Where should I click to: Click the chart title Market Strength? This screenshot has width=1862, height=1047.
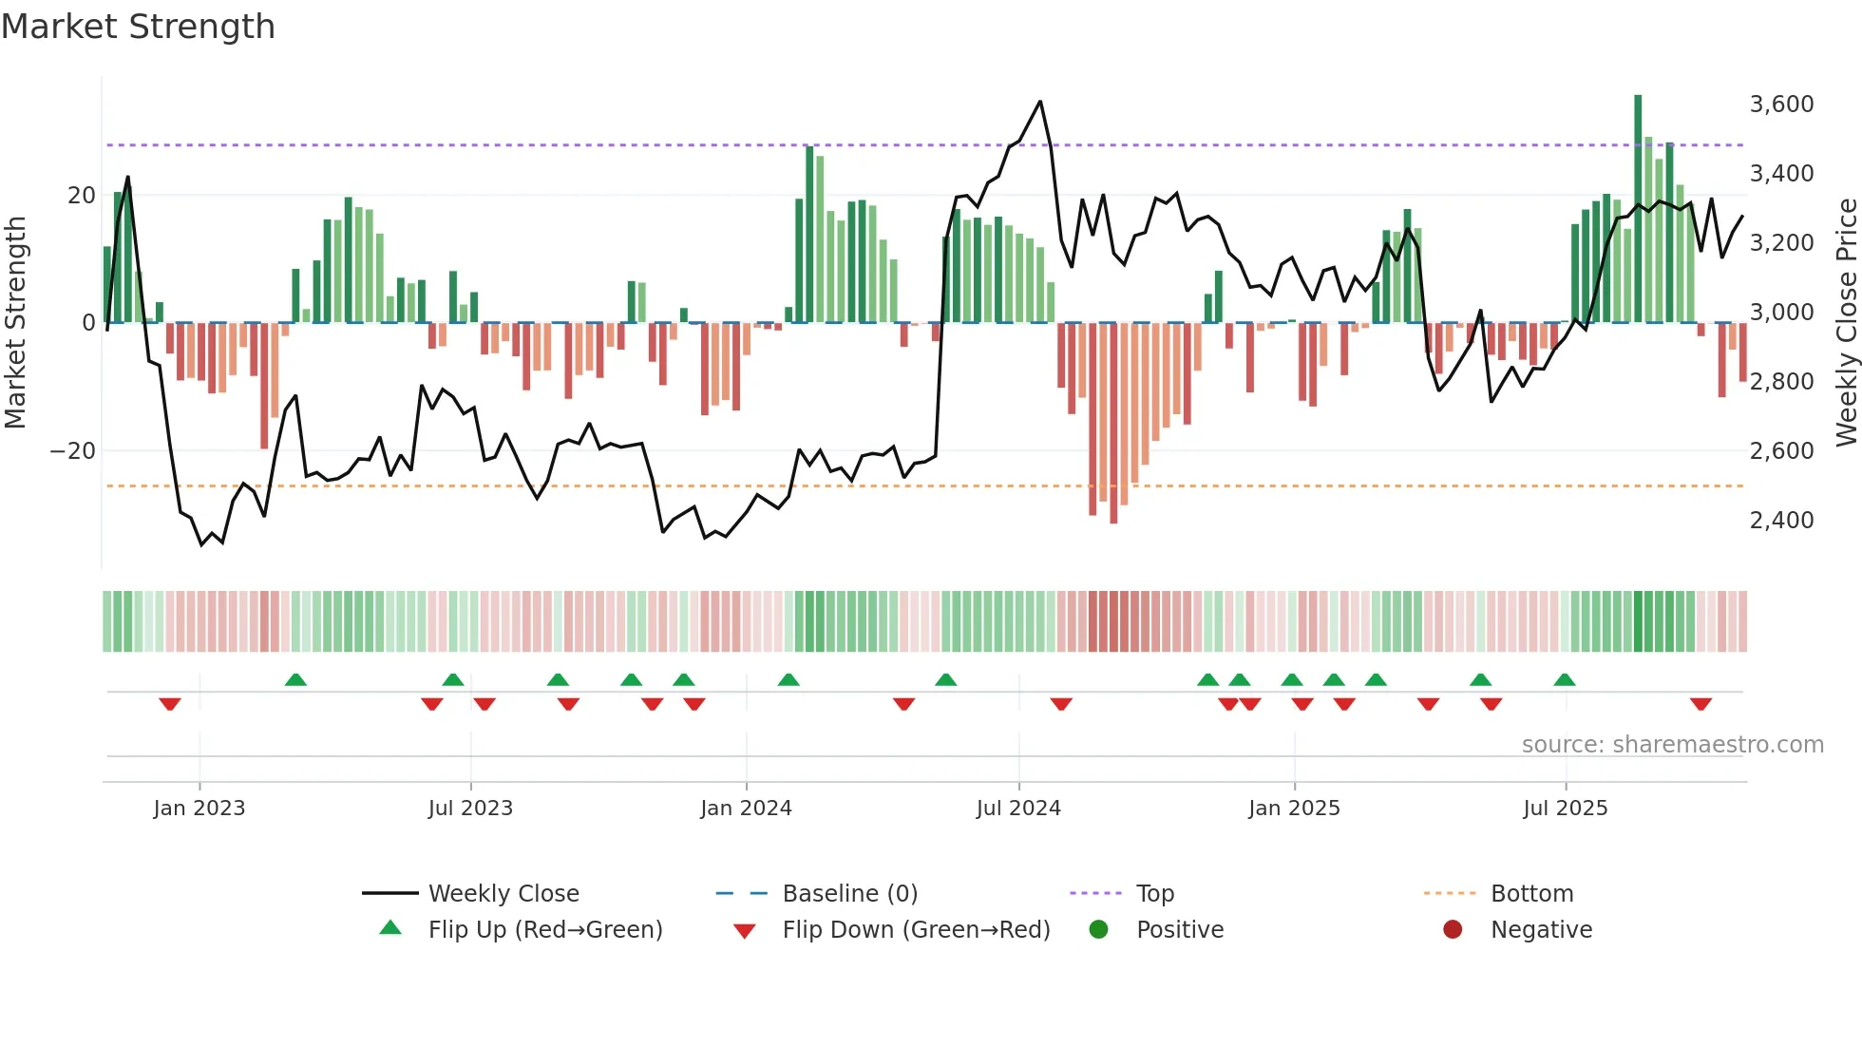click(x=138, y=27)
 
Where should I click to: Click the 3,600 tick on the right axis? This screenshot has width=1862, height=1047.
click(x=1781, y=104)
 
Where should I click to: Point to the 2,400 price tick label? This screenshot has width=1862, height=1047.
click(x=1781, y=520)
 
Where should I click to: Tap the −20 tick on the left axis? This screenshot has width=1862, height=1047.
click(x=73, y=450)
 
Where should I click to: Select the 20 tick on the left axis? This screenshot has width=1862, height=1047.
click(x=82, y=195)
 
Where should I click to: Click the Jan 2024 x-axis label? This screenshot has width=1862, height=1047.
click(x=746, y=809)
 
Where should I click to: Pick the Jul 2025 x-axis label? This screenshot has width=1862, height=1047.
click(x=1565, y=809)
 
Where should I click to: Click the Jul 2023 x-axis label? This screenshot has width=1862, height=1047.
click(x=470, y=809)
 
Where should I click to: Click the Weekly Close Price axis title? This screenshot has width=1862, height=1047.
click(x=1846, y=322)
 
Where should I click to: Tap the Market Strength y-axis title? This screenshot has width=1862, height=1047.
click(x=15, y=322)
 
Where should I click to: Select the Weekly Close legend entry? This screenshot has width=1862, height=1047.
click(x=503, y=893)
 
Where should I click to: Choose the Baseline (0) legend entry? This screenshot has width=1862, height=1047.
click(x=849, y=893)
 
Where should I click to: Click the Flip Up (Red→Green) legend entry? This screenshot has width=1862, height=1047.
click(x=544, y=929)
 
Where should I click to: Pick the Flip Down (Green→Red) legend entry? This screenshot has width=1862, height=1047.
click(x=916, y=929)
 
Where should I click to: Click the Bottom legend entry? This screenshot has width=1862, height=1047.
click(x=1531, y=893)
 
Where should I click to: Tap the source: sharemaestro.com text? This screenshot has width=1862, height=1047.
click(x=1672, y=744)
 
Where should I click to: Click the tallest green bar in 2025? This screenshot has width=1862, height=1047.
click(x=1638, y=209)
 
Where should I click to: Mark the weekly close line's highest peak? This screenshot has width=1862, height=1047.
click(x=1040, y=102)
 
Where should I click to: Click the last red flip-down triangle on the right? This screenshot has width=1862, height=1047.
click(x=1700, y=704)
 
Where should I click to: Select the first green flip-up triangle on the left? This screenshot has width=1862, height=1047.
click(x=295, y=679)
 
